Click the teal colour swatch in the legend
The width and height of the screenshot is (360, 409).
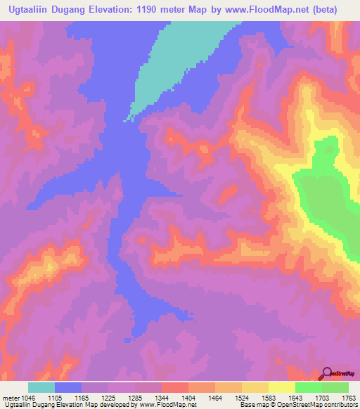click(41, 387)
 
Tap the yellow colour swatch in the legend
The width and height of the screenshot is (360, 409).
click(282, 387)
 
